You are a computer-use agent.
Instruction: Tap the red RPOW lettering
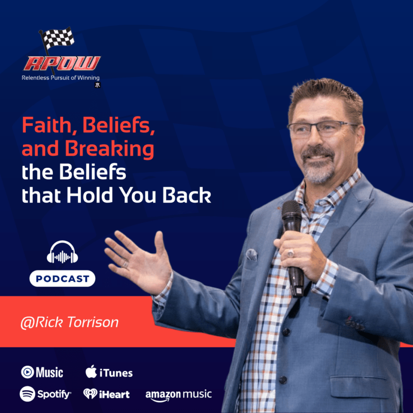61,63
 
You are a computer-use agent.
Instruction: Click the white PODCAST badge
62,279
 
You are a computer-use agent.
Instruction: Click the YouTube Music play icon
27,372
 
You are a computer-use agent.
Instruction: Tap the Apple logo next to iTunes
91,372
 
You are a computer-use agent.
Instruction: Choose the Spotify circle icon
27,394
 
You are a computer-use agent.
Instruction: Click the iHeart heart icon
90,394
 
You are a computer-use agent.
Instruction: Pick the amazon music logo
178,395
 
